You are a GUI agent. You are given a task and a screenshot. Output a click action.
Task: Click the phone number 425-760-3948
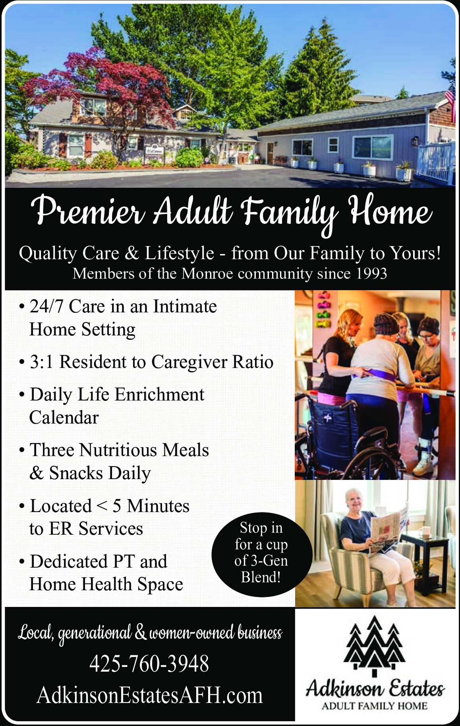click(149, 664)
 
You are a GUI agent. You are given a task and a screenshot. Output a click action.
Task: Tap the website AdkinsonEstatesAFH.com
click(150, 695)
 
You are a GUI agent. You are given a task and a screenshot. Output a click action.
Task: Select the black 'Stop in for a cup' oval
click(261, 554)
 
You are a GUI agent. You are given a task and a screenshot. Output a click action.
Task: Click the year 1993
click(371, 273)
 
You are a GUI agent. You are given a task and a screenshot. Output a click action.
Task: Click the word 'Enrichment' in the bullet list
click(160, 395)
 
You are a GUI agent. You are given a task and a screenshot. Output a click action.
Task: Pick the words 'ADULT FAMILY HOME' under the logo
click(375, 706)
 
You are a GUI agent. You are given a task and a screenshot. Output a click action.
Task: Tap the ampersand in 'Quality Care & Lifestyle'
click(131, 253)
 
